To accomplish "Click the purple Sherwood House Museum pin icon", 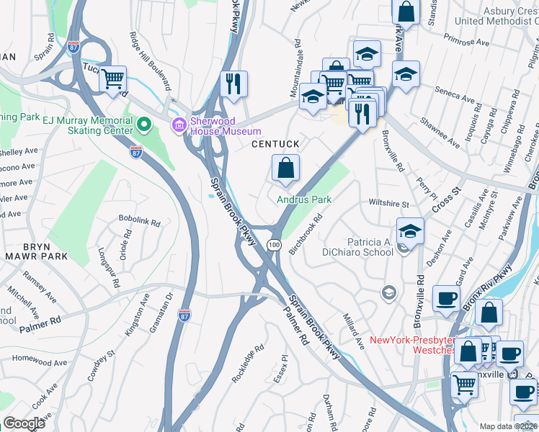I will pyautogui.click(x=179, y=125).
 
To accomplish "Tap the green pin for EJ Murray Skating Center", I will pyautogui.click(x=143, y=125).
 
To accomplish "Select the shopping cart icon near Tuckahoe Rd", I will pyautogui.click(x=112, y=79).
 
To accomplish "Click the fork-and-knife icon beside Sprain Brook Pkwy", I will pyautogui.click(x=233, y=84).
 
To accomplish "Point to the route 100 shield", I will pyautogui.click(x=274, y=246).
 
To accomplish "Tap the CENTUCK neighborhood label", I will pyautogui.click(x=275, y=145).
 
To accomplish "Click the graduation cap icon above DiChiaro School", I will pyautogui.click(x=410, y=230).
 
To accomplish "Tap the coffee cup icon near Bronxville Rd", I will pyautogui.click(x=446, y=298).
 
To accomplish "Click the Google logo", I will pyautogui.click(x=24, y=423).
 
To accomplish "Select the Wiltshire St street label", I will pyautogui.click(x=388, y=204).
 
